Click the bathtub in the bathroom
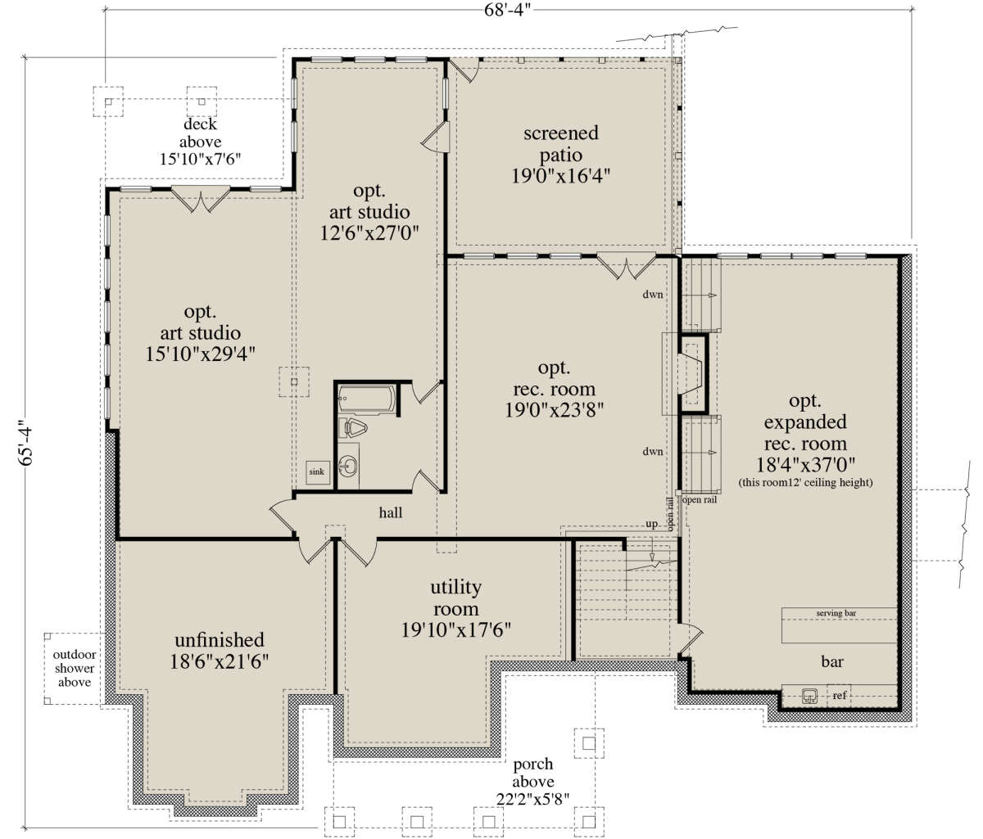point(366,399)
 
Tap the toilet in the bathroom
point(353,428)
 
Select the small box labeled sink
point(317,472)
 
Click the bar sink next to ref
point(809,697)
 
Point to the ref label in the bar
point(840,696)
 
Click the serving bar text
point(836,613)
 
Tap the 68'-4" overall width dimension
point(507,10)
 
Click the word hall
point(391,512)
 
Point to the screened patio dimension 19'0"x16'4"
point(560,176)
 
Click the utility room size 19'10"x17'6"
point(455,630)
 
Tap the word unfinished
point(220,640)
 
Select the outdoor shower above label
point(75,669)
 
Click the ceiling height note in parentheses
point(805,483)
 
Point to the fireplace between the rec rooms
point(692,374)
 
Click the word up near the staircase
point(651,524)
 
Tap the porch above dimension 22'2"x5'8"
point(532,800)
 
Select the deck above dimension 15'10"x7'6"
point(200,159)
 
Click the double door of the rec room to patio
point(626,266)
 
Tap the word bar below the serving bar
point(832,662)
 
